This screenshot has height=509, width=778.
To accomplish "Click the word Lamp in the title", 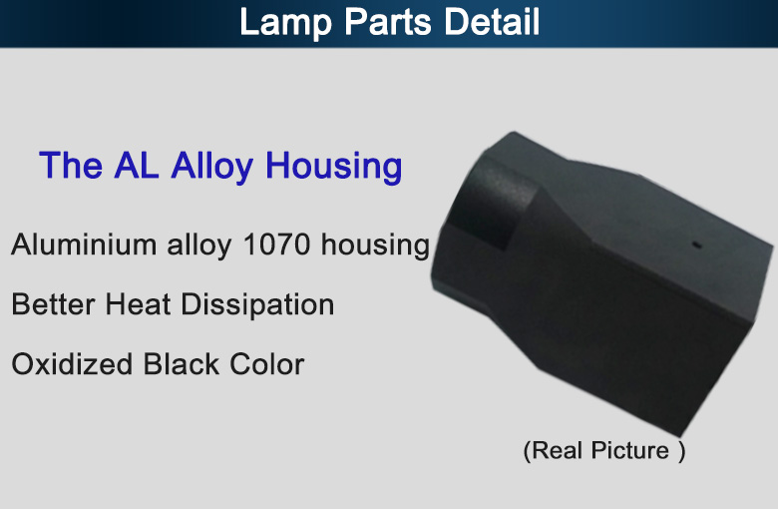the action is tap(285, 22).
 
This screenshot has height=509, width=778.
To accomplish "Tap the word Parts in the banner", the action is tap(388, 21).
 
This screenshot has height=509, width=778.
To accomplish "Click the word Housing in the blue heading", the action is tap(334, 167).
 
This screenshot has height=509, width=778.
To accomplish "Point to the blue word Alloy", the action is tap(212, 167).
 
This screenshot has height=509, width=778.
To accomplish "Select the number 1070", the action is tap(276, 245).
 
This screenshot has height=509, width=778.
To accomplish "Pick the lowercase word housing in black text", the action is tap(375, 246).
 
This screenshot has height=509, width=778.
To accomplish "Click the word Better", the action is tap(53, 304).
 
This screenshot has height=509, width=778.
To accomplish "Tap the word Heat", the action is tap(138, 304).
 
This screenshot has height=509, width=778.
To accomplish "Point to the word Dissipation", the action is tap(257, 305).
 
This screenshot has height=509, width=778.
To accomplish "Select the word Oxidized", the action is tap(72, 364).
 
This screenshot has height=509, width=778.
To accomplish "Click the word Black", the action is tap(182, 364).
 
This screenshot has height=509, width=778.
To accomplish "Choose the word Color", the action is tap(267, 364).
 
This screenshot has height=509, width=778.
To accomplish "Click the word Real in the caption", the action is tap(558, 450).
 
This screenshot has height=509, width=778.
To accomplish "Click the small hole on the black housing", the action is tap(696, 245).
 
